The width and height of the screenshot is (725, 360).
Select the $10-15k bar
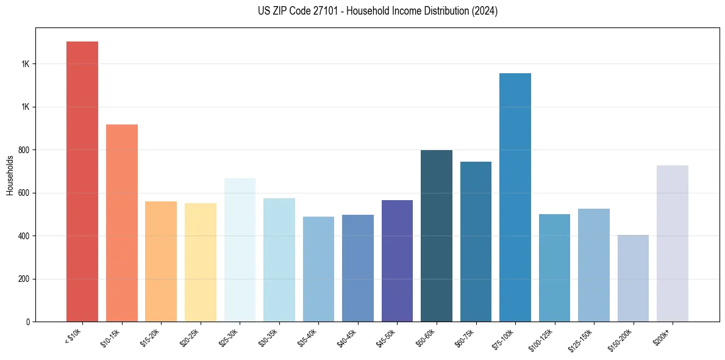coord(122,223)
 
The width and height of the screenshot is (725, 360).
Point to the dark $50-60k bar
coord(437,236)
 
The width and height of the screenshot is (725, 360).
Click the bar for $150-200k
coord(633,278)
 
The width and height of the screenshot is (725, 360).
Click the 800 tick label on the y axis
coord(25,150)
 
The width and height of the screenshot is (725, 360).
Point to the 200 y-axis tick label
coord(25,279)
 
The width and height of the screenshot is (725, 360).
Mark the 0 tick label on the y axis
coord(28,322)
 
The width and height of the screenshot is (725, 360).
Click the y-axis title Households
coord(10,175)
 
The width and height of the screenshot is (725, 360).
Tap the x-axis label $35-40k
coord(311,337)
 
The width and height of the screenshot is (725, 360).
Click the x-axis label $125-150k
coord(585,339)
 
